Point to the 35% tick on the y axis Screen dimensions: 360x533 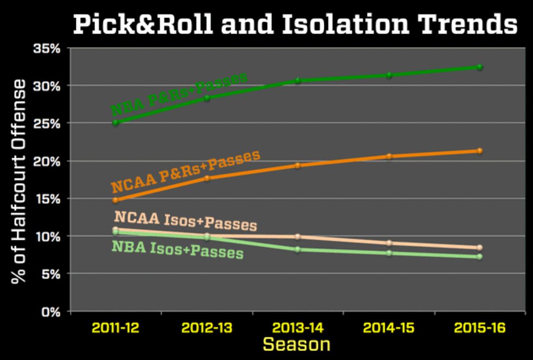pyautogui.click(x=47, y=48)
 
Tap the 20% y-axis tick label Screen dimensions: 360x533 pyautogui.click(x=47, y=161)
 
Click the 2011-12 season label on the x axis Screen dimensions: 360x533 pyautogui.click(x=116, y=329)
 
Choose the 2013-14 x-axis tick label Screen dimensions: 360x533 pyautogui.click(x=298, y=329)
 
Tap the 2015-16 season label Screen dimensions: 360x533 pyautogui.click(x=480, y=329)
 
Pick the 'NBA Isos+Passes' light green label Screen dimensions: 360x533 pyautogui.click(x=177, y=249)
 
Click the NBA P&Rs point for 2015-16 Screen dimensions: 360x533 pyautogui.click(x=480, y=67)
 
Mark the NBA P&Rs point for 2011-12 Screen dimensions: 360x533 pyautogui.click(x=116, y=123)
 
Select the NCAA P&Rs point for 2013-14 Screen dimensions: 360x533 pyautogui.click(x=298, y=166)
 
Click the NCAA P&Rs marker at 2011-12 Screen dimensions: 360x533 pyautogui.click(x=116, y=200)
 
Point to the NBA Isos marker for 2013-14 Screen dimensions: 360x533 pyautogui.click(x=298, y=249)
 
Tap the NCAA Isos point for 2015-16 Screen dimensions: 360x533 pyautogui.click(x=480, y=248)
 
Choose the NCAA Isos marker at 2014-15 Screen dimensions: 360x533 pyautogui.click(x=389, y=243)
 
